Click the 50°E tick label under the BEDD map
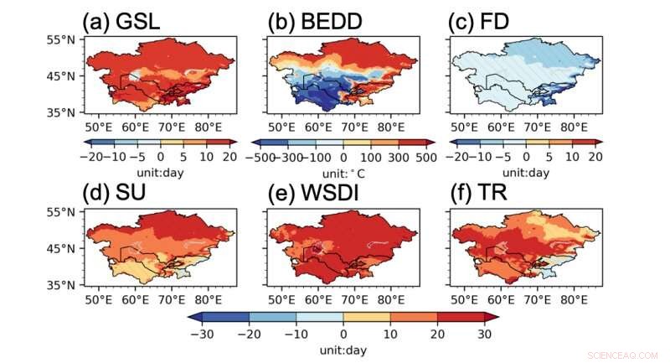(280, 127)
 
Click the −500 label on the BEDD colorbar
(265, 157)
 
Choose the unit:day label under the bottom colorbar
(343, 347)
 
